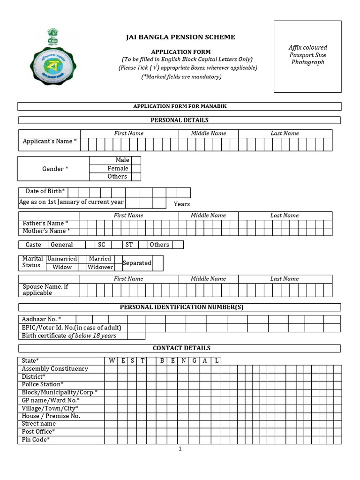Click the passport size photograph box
coord(307,56)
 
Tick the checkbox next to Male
coord(135,160)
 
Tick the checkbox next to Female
coord(135,168)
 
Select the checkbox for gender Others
coord(135,177)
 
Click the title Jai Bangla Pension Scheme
coord(180,37)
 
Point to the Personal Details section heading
coord(180,120)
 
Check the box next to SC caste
coord(117,245)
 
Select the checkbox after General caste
coord(90,245)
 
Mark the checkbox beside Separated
coord(157,263)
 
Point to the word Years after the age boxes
coord(182,204)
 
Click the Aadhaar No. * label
coord(42,319)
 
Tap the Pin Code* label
coord(36,440)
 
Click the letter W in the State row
coord(111,361)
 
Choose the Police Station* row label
coord(43,384)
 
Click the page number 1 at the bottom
coord(180,449)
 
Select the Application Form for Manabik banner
coord(180,106)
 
